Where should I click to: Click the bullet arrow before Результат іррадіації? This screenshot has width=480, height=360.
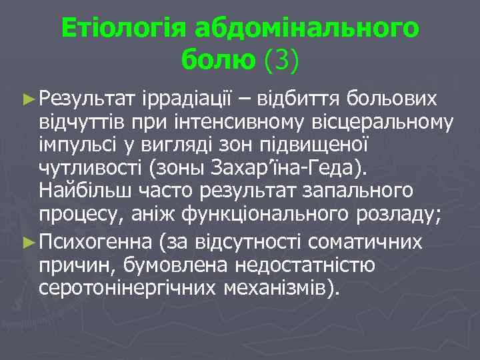click(28, 99)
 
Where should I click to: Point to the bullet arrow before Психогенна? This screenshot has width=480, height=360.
click(28, 241)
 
